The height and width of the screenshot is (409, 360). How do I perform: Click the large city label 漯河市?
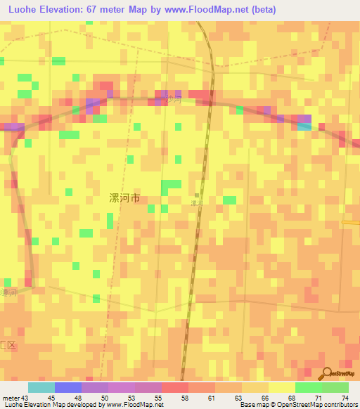click(x=125, y=199)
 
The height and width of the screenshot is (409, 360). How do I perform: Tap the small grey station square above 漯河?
click(x=197, y=196)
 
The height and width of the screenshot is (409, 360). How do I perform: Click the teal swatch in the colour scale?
click(x=41, y=387)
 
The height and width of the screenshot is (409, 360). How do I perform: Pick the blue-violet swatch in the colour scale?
click(x=68, y=387)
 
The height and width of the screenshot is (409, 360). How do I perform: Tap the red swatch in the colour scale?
click(x=175, y=387)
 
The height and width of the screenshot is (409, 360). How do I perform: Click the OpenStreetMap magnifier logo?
click(x=328, y=373)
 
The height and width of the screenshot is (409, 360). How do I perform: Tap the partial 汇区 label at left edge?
click(x=7, y=345)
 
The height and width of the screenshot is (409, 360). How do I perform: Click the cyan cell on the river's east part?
click(x=304, y=126)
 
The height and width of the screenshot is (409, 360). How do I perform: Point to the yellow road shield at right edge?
click(x=351, y=222)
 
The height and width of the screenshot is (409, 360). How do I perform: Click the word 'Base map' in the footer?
click(x=252, y=405)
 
